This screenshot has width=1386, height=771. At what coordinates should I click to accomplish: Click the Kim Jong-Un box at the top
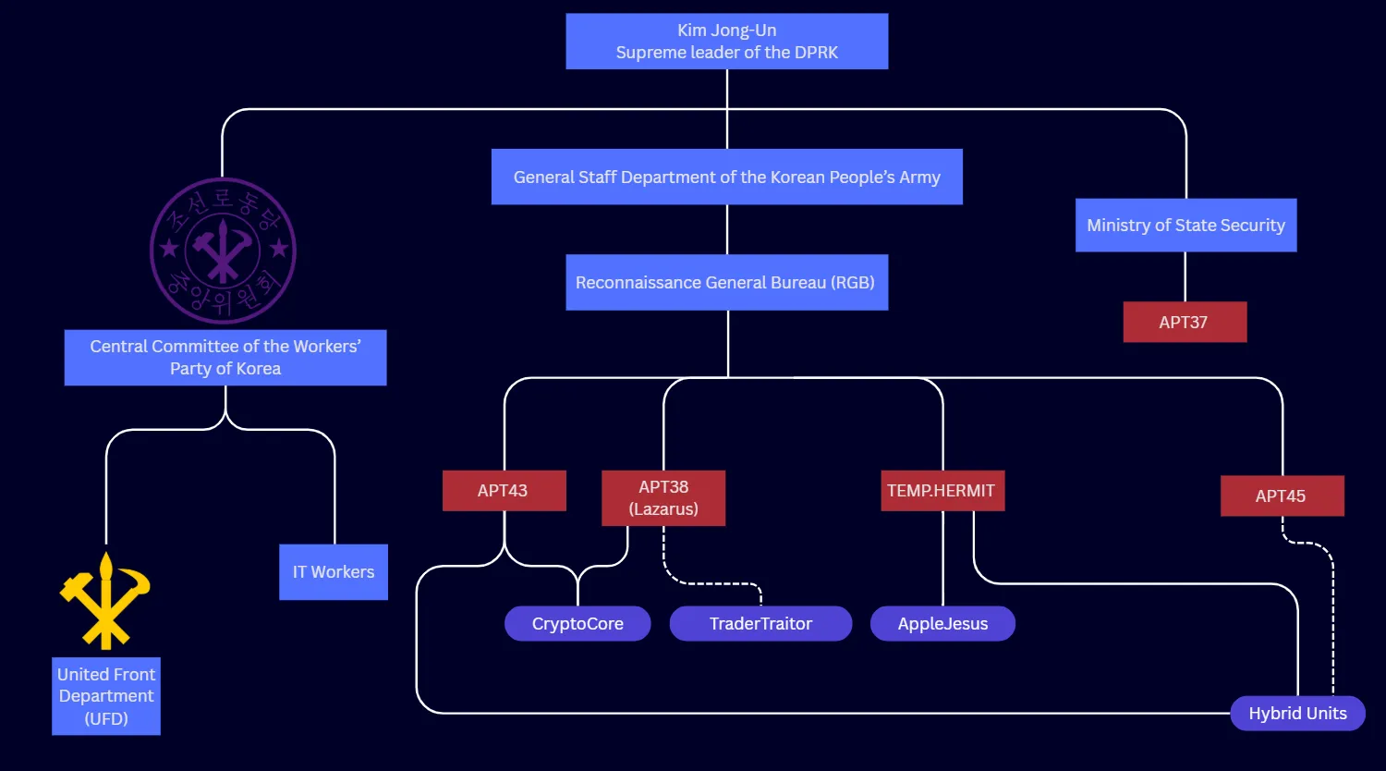point(726,42)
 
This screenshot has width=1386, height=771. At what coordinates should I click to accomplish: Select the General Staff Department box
point(726,177)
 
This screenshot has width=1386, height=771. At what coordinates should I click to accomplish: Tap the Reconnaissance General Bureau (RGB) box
point(726,282)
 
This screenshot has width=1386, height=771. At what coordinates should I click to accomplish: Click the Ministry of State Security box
point(1185,225)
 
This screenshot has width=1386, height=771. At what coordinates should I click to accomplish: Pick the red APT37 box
point(1185,322)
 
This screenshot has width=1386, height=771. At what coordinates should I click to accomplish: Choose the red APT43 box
point(504,491)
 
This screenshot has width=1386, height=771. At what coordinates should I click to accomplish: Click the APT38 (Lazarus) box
point(663,498)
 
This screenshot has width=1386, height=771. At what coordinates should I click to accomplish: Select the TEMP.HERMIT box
point(942,491)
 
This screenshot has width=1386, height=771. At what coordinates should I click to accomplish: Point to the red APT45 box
point(1282,496)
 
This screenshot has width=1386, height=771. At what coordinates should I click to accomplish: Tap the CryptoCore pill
point(577,623)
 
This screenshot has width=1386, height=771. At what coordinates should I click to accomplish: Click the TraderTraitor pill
point(760,623)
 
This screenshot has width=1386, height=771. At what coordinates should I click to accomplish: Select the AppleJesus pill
point(942,623)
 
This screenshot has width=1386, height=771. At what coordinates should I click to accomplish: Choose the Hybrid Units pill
point(1297,713)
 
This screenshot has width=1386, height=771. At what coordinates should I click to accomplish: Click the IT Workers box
point(334,572)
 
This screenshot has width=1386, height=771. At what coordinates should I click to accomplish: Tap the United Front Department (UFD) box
point(106,696)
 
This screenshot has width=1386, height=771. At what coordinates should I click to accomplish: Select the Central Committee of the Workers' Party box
point(225,358)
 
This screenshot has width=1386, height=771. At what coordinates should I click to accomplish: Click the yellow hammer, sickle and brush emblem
point(104,601)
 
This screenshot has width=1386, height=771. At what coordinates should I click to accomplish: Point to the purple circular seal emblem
point(223,251)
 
